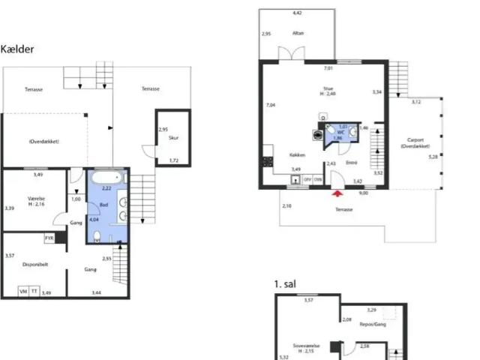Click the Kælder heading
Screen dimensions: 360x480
(17, 49)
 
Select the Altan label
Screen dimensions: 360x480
(298, 34)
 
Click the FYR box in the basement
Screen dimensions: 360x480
(49, 238)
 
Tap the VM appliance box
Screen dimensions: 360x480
(23, 291)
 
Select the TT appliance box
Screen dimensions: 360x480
(34, 291)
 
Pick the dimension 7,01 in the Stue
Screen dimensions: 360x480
(328, 69)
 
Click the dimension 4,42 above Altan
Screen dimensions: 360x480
(297, 13)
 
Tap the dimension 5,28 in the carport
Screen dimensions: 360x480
(432, 157)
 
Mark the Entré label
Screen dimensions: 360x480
(351, 162)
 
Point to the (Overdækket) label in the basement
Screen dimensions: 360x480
(43, 141)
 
